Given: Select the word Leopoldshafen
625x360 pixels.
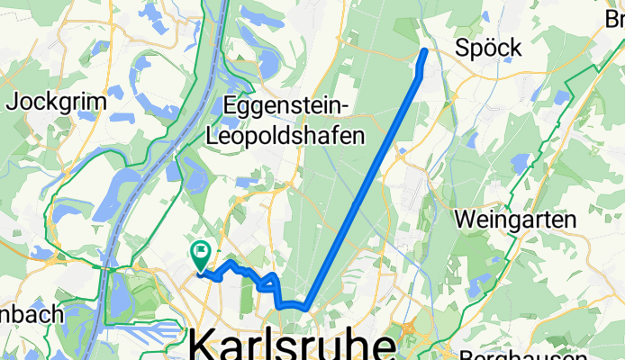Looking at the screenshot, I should [x=287, y=137].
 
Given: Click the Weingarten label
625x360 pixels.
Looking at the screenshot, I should [x=515, y=219].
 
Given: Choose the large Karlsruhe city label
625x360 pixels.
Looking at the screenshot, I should [x=292, y=346].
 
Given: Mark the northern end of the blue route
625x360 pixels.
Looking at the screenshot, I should [x=425, y=50].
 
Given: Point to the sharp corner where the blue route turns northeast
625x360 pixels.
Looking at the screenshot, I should [x=307, y=309].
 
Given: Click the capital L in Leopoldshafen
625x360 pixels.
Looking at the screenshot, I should [x=213, y=137].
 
